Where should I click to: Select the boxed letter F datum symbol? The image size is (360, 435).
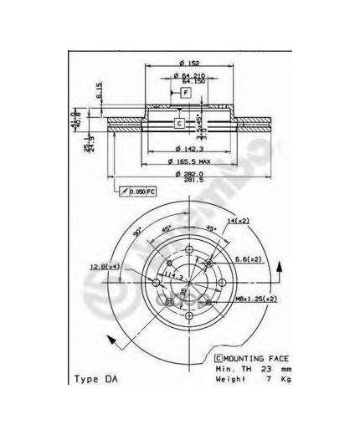coord(185,93)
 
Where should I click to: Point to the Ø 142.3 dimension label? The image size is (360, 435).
coord(185,144)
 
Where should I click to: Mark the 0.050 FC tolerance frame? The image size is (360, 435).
coord(136,192)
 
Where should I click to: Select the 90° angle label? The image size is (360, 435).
coord(135,228)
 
